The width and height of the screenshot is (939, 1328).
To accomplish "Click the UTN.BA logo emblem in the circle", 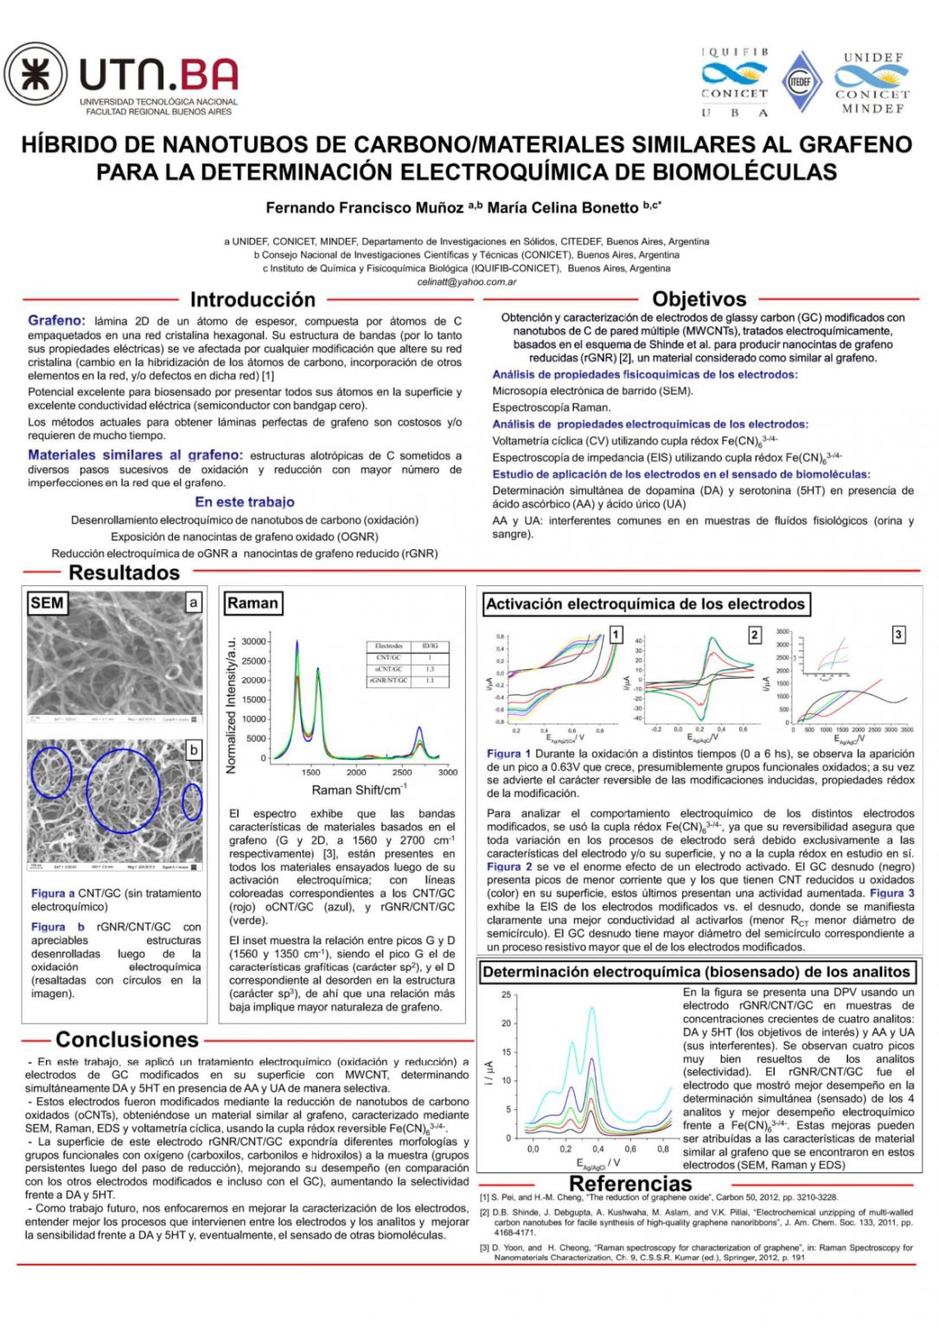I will (35, 74).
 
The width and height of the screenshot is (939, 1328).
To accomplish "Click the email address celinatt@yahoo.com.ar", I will (466, 282).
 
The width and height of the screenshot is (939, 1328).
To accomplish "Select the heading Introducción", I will (252, 300).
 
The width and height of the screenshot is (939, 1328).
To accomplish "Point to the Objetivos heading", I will (699, 299).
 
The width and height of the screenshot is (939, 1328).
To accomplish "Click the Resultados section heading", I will (124, 572).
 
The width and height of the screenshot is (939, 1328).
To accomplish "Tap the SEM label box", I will (47, 603).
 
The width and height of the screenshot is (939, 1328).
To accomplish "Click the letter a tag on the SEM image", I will (194, 603).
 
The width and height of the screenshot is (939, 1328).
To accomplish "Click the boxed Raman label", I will (252, 603).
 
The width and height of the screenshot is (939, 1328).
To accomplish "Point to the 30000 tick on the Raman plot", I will (254, 642).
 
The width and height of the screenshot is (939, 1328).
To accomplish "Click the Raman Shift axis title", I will (359, 790).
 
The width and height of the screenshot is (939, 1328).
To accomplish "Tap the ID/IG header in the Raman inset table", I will (430, 646).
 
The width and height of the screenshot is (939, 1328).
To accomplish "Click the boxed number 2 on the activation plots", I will (754, 635).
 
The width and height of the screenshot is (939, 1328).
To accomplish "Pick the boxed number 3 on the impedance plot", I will (897, 635).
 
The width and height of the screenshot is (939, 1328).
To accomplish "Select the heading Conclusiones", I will (127, 1039).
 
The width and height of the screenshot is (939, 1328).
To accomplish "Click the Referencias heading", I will (630, 1184).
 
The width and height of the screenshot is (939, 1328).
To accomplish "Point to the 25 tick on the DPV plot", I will (506, 995).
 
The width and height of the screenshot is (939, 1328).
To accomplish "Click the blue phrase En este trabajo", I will (245, 502).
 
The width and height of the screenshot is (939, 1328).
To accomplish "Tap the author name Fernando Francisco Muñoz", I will (364, 207).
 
